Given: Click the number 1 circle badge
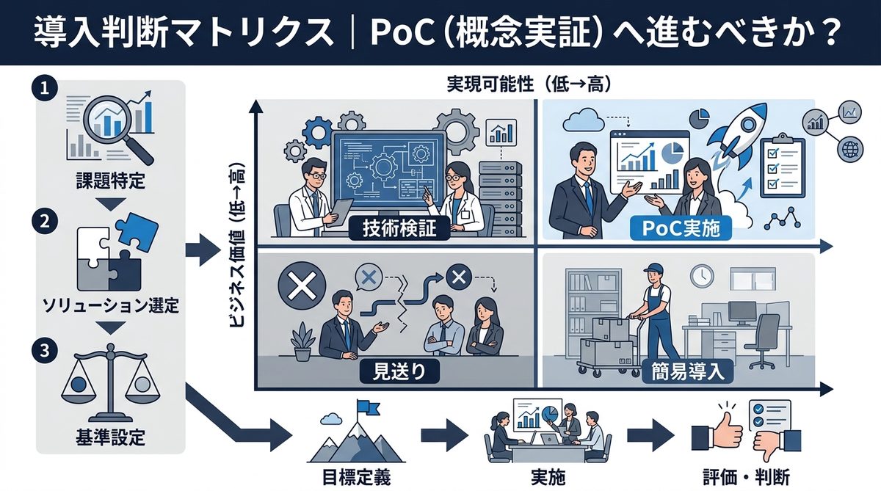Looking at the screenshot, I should (x=44, y=88).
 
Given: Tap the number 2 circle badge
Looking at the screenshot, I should (x=44, y=221).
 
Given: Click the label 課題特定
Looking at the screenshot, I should (x=111, y=178).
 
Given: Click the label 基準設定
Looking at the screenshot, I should (x=111, y=439).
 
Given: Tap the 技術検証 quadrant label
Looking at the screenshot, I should (x=400, y=228).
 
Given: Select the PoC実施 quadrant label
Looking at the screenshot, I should (x=677, y=228).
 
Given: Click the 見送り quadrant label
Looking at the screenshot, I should (x=400, y=371).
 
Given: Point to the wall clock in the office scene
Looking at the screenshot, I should (x=702, y=276).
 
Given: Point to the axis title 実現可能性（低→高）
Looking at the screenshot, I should (x=529, y=84).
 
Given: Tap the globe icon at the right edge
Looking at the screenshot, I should (x=852, y=149).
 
